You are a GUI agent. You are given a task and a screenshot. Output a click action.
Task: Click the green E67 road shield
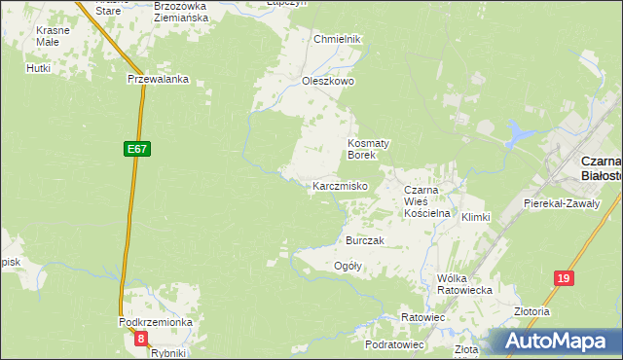[x=137, y=149]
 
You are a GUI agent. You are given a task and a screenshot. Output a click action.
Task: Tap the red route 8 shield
[x=141, y=339]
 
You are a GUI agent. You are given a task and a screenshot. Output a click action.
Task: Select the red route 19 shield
[x=564, y=278]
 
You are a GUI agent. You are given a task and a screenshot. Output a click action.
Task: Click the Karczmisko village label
[x=339, y=186]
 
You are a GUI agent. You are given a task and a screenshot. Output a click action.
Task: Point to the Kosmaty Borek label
[x=369, y=148]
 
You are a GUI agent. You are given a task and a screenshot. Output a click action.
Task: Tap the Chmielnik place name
[x=337, y=39]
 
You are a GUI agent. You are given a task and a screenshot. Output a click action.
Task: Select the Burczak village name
[x=365, y=240]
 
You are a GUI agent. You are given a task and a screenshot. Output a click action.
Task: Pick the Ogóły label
[x=348, y=266]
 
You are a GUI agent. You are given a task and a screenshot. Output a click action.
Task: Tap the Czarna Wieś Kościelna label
[x=425, y=200]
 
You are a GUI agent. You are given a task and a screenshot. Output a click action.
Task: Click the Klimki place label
[x=476, y=217]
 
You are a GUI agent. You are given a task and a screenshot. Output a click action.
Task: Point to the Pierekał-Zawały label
[x=559, y=203]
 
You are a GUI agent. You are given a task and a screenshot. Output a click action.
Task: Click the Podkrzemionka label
[x=156, y=322]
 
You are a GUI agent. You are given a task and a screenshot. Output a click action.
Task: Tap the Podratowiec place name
[x=394, y=344]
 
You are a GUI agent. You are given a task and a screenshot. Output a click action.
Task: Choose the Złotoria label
[x=532, y=312]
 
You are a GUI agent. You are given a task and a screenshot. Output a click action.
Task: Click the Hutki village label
[x=39, y=69]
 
